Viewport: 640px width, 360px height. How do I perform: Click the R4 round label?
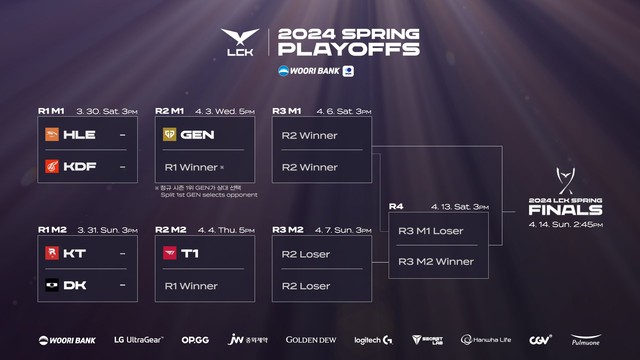point(397,207)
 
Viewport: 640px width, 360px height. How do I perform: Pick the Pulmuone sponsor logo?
point(585,341)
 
